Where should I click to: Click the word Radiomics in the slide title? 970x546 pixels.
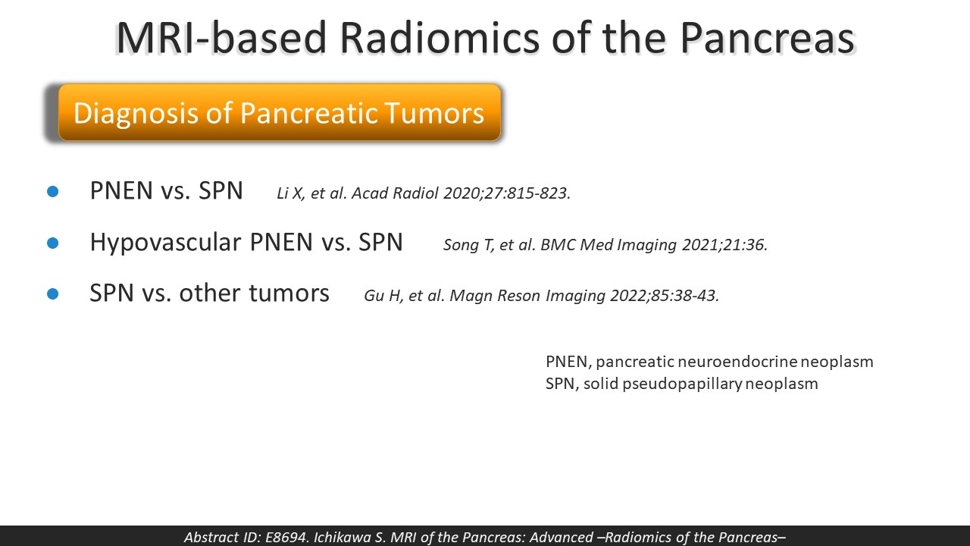click(440, 38)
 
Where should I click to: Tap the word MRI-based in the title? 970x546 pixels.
click(221, 38)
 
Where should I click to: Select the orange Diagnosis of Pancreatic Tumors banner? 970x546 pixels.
click(280, 112)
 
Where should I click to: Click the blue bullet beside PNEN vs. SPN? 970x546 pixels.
click(53, 192)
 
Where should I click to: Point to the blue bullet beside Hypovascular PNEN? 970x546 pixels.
click(53, 243)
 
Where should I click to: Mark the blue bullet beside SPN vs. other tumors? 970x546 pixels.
click(53, 293)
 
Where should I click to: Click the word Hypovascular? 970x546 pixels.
click(165, 243)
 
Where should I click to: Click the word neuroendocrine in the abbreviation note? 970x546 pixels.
click(737, 362)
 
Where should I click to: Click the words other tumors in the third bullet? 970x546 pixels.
click(254, 293)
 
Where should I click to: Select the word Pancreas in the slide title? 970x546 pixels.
click(767, 38)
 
